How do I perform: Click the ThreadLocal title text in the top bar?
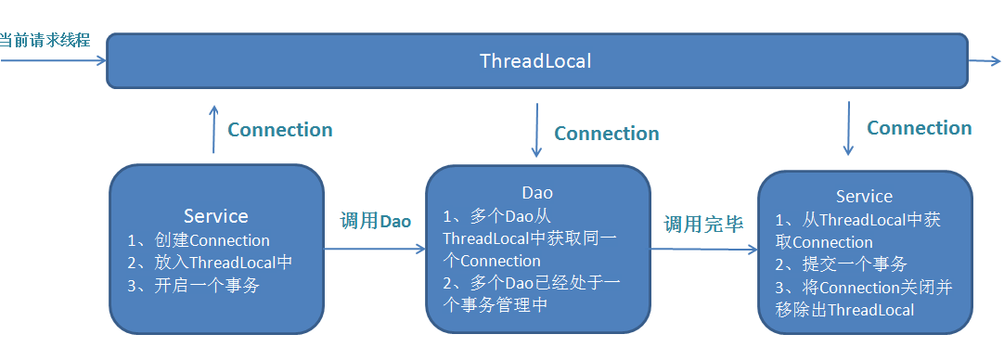535,61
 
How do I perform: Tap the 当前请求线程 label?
45,40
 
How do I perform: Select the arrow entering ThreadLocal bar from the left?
53,61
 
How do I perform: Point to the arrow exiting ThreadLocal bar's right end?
985,61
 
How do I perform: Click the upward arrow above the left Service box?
213,129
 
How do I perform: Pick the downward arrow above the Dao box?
536,130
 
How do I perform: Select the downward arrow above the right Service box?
848,128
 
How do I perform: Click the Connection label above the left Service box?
280,130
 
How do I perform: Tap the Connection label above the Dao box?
606,134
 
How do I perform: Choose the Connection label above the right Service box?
920,128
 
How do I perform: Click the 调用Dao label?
375,222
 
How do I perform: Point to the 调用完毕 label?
703,225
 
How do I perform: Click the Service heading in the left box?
216,216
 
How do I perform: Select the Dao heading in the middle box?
537,193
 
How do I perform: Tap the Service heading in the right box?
865,196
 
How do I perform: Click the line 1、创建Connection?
199,241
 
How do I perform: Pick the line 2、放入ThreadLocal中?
210,263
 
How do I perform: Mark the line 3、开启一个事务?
193,286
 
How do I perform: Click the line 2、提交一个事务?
841,264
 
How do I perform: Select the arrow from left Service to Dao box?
375,249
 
